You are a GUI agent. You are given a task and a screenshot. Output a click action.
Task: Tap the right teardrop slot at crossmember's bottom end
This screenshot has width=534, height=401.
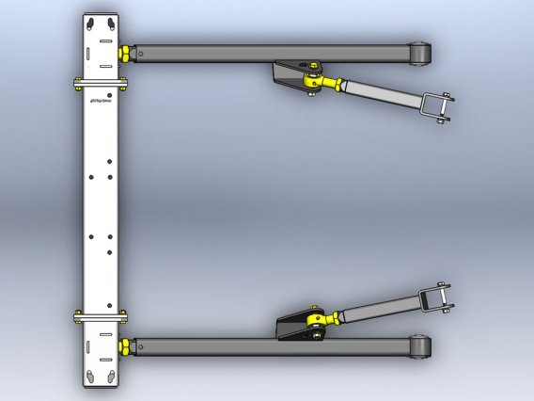[110, 376]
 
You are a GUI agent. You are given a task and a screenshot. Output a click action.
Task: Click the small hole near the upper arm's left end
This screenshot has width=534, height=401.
[141, 54]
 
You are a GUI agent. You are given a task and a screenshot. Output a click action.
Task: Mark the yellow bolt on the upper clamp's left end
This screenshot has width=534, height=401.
[73, 84]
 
